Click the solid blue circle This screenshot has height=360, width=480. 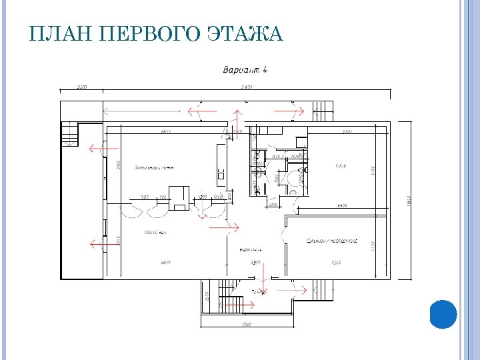(x=443, y=314)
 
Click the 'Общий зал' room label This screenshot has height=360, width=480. (x=155, y=233)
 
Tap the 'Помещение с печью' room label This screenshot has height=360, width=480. (x=154, y=167)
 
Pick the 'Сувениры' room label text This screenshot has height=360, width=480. (x=333, y=241)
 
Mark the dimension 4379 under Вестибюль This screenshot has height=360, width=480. (x=255, y=263)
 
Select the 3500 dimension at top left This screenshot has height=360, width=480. (x=82, y=87)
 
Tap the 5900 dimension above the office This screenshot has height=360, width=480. (x=347, y=131)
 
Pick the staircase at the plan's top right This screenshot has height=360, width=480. (x=323, y=110)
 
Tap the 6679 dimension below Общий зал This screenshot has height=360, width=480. (x=165, y=263)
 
